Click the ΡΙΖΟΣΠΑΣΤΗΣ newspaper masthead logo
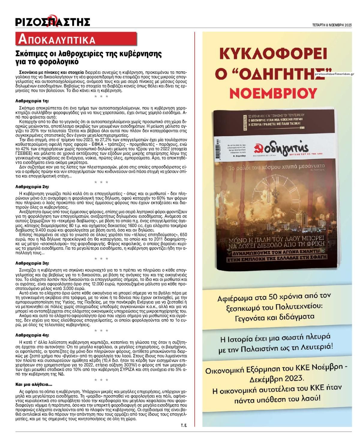pyautogui.click(x=53, y=22)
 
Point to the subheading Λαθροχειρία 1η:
pyautogui.click(x=32, y=101)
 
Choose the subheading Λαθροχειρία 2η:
pyautogui.click(x=32, y=187)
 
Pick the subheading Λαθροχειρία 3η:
pyautogui.click(x=32, y=263)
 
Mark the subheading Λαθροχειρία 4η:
pyautogui.click(x=32, y=335)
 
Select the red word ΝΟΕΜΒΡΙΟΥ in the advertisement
pyautogui.click(x=273, y=94)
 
